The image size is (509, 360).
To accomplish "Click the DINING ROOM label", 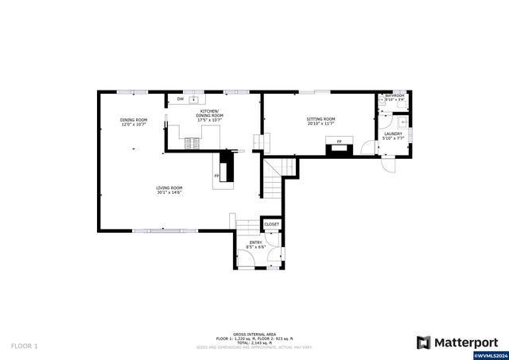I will [x=134, y=119].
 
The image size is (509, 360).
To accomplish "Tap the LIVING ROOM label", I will [x=169, y=188].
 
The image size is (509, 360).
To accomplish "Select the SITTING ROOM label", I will [x=321, y=119].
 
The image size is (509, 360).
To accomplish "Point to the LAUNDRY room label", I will [x=393, y=134].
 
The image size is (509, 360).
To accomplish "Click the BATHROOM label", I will [x=395, y=96].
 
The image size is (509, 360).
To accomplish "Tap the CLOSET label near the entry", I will [x=271, y=225].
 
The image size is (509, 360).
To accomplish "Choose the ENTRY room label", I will [x=255, y=242].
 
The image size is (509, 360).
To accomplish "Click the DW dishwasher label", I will [x=181, y=99].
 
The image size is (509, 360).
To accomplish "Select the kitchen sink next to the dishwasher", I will [x=194, y=99].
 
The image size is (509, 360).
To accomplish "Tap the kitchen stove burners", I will [x=192, y=143].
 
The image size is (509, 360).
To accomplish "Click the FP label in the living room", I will [x=217, y=176].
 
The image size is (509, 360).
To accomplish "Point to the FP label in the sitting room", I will [x=339, y=141].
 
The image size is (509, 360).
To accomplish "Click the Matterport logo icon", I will [x=424, y=343].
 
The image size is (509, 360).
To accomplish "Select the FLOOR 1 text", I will [x=25, y=346].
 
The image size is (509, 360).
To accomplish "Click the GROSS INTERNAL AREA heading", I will [x=254, y=335].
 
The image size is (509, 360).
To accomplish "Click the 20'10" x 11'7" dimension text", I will [x=321, y=124].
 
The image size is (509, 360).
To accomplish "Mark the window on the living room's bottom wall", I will [x=165, y=230].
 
